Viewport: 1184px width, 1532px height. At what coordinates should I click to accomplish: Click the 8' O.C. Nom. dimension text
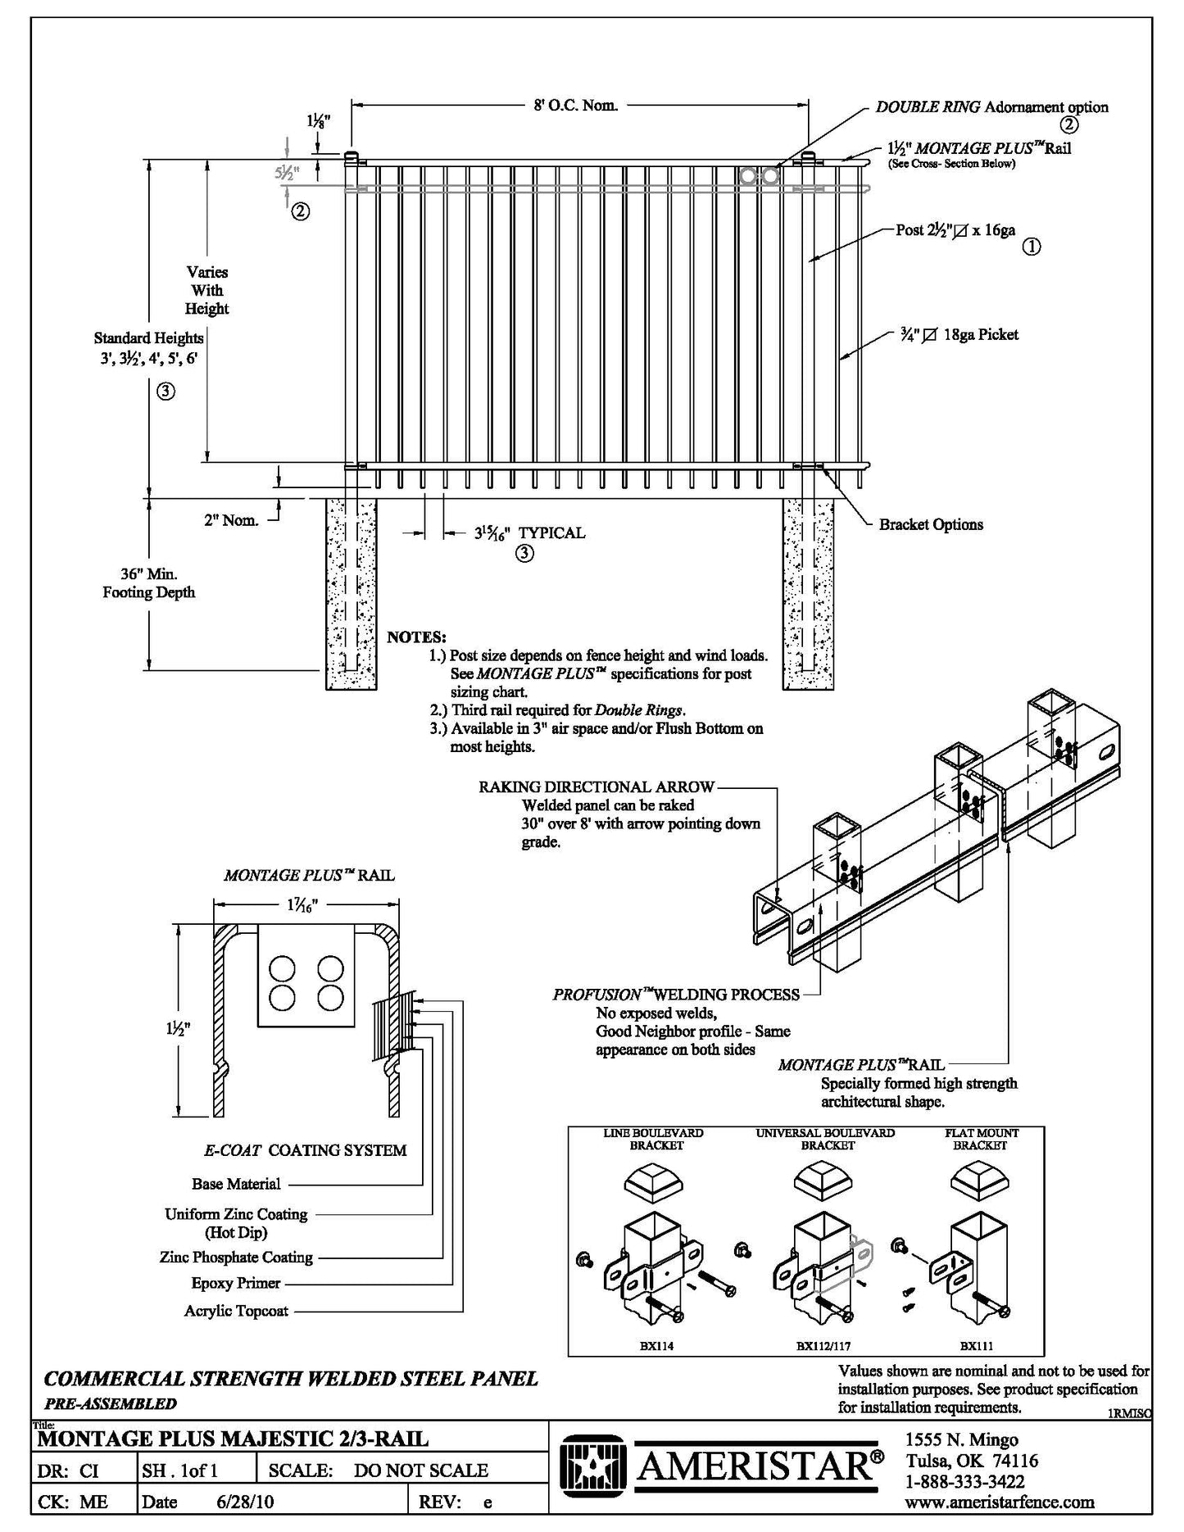click(575, 105)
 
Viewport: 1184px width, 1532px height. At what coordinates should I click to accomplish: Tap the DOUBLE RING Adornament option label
click(991, 107)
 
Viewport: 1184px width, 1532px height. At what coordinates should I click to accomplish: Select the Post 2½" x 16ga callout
click(955, 230)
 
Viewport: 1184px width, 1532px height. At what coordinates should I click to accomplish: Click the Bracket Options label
click(931, 524)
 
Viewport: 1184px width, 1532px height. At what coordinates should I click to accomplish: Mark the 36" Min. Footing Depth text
click(148, 583)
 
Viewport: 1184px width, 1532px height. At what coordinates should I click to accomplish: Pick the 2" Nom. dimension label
click(231, 520)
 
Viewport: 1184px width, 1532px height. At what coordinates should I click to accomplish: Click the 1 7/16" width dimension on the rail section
click(303, 904)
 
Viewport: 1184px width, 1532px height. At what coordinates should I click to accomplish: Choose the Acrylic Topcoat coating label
click(236, 1311)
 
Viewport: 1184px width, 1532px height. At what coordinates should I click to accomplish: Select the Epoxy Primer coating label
click(236, 1283)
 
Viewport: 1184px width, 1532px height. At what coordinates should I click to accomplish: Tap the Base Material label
click(236, 1184)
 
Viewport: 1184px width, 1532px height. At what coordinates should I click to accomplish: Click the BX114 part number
click(656, 1345)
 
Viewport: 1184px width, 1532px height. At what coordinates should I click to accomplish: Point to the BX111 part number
click(977, 1345)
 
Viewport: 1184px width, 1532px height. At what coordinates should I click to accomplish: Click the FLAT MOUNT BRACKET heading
click(980, 1139)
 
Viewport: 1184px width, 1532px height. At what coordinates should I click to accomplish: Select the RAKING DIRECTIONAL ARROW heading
click(597, 787)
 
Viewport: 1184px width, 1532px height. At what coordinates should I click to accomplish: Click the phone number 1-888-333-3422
click(964, 1482)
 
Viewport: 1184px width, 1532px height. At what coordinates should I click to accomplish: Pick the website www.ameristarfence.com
click(1000, 1502)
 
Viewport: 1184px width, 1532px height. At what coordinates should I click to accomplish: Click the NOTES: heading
click(416, 637)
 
